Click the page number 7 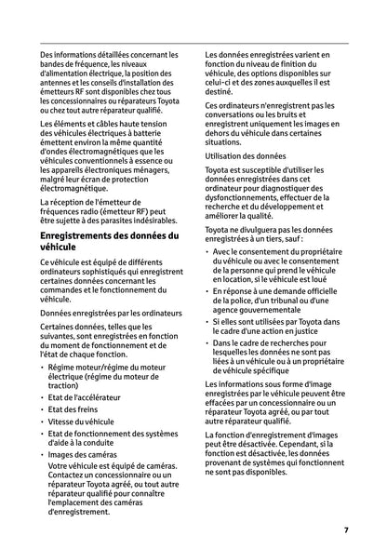point(345,529)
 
